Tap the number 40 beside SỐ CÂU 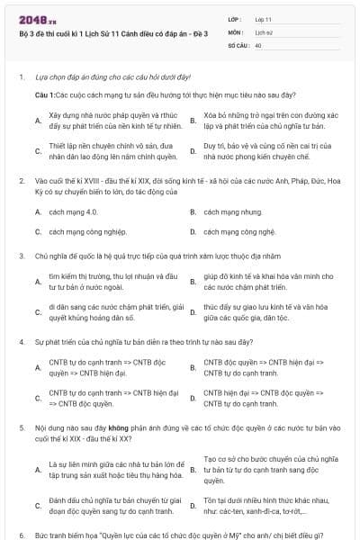point(258,44)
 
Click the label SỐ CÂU point(238,44)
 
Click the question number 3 point(21,256)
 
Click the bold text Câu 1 point(45,94)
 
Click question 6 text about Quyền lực point(180,535)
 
